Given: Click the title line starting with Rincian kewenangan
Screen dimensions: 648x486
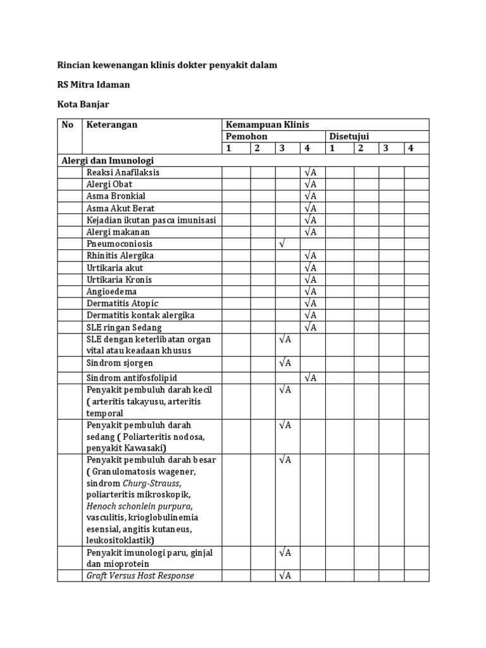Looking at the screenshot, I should tap(167, 65).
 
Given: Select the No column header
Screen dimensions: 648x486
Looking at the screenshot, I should tap(68, 125).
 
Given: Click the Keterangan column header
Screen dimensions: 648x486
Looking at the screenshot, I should tap(112, 125).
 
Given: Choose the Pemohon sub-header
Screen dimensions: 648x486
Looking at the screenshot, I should tap(247, 137).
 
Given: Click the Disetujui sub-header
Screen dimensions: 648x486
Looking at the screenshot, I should tap(349, 137).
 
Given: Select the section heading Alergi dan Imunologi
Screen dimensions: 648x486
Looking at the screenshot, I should tap(108, 160).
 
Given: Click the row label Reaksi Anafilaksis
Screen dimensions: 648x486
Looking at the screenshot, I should tap(123, 172).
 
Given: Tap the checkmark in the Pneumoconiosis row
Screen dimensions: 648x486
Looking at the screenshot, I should tap(282, 244).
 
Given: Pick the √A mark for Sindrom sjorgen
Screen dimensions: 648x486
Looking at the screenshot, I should tap(285, 363).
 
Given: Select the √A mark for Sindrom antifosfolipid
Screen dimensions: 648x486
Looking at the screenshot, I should tap(310, 378).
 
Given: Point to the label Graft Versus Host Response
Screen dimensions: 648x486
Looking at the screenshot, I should tap(140, 575).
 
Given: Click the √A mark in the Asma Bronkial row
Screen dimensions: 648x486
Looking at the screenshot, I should tap(310, 196).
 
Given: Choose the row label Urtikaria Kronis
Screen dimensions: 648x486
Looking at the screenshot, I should tap(119, 280).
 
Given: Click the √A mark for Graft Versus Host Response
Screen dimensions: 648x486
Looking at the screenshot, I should tap(285, 575).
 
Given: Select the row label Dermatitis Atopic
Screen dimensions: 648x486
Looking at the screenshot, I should tap(123, 303).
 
